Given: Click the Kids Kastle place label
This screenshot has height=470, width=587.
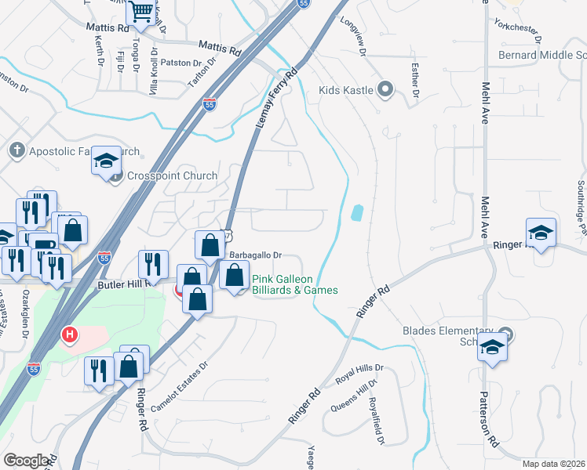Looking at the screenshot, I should pyautogui.click(x=346, y=90).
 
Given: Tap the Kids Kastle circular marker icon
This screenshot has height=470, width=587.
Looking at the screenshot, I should pyautogui.click(x=385, y=89).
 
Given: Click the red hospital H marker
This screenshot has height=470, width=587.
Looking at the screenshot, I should pyautogui.click(x=70, y=335).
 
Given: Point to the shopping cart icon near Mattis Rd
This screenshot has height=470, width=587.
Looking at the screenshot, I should pyautogui.click(x=141, y=11).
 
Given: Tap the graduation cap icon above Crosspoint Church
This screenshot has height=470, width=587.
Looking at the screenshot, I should pyautogui.click(x=105, y=161).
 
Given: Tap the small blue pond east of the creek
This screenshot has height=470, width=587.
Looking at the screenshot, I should pyautogui.click(x=358, y=212).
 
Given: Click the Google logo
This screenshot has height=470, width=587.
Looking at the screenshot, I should pyautogui.click(x=27, y=461).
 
